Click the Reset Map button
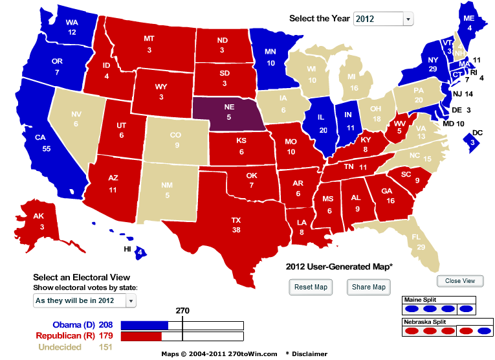click(311, 287)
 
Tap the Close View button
click(460, 281)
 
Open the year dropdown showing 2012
click(383, 19)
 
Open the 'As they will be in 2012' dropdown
click(85, 300)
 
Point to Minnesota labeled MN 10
click(270, 58)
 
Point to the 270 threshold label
click(182, 311)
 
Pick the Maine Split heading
click(419, 300)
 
